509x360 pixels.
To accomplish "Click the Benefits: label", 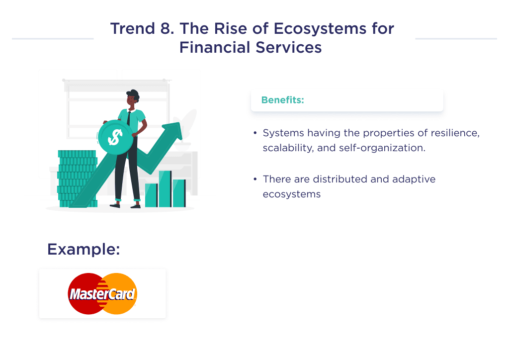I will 282,100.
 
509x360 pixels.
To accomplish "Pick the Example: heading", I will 84,249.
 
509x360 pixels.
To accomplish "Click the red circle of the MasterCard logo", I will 82,293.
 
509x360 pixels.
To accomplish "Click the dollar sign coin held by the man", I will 115,137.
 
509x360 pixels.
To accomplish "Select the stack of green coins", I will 77,179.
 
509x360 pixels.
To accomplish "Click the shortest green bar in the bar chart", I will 151,195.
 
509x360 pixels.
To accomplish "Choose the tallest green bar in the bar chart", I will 165,189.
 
